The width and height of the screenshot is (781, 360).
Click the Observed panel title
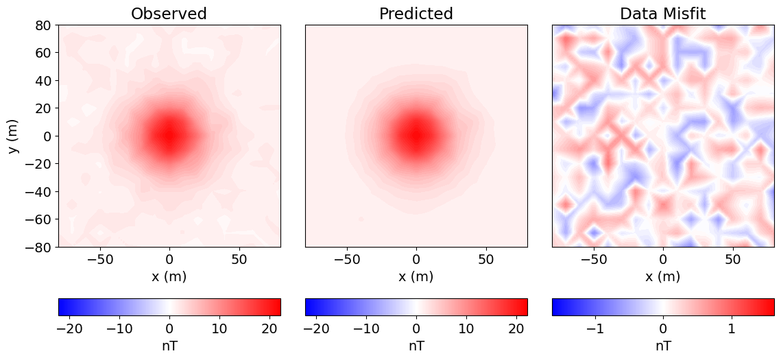[169, 14]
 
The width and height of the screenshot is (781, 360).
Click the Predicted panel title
[416, 14]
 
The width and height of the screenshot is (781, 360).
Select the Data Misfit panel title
[662, 14]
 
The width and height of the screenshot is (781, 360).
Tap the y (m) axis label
[14, 136]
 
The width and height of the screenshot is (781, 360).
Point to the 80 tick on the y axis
[43, 25]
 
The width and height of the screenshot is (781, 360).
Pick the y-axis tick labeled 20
[43, 108]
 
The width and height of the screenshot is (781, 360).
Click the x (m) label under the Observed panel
[169, 276]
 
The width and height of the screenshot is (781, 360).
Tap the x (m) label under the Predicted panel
[416, 276]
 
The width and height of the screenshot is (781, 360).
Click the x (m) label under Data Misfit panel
[662, 276]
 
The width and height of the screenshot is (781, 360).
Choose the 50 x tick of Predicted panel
[485, 261]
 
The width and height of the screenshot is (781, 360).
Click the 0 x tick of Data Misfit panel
[662, 261]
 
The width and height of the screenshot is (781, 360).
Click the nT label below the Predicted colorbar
[416, 346]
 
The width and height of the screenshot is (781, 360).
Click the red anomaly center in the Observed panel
[169, 135]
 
